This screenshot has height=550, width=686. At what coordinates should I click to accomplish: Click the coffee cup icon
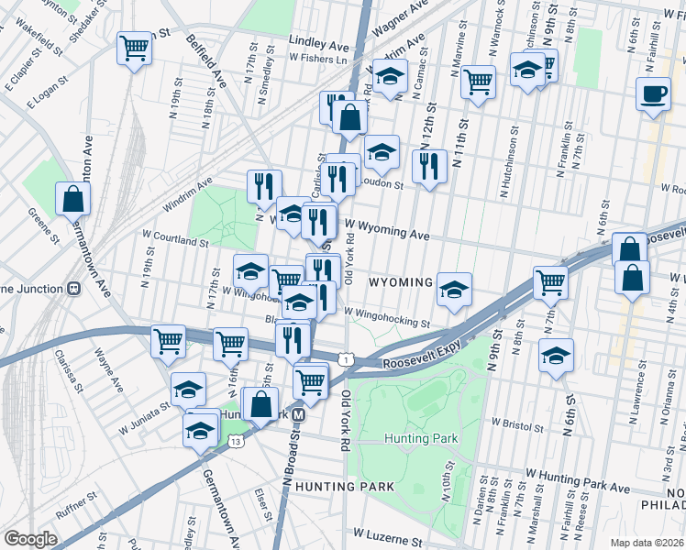coord(653,95)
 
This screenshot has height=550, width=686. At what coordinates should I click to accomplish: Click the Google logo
coord(31,538)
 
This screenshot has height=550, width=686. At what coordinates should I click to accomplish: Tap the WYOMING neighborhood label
coord(400,282)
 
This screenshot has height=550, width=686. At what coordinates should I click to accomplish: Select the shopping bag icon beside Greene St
coord(72,198)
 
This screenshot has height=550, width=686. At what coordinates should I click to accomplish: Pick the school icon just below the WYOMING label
coord(453,290)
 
